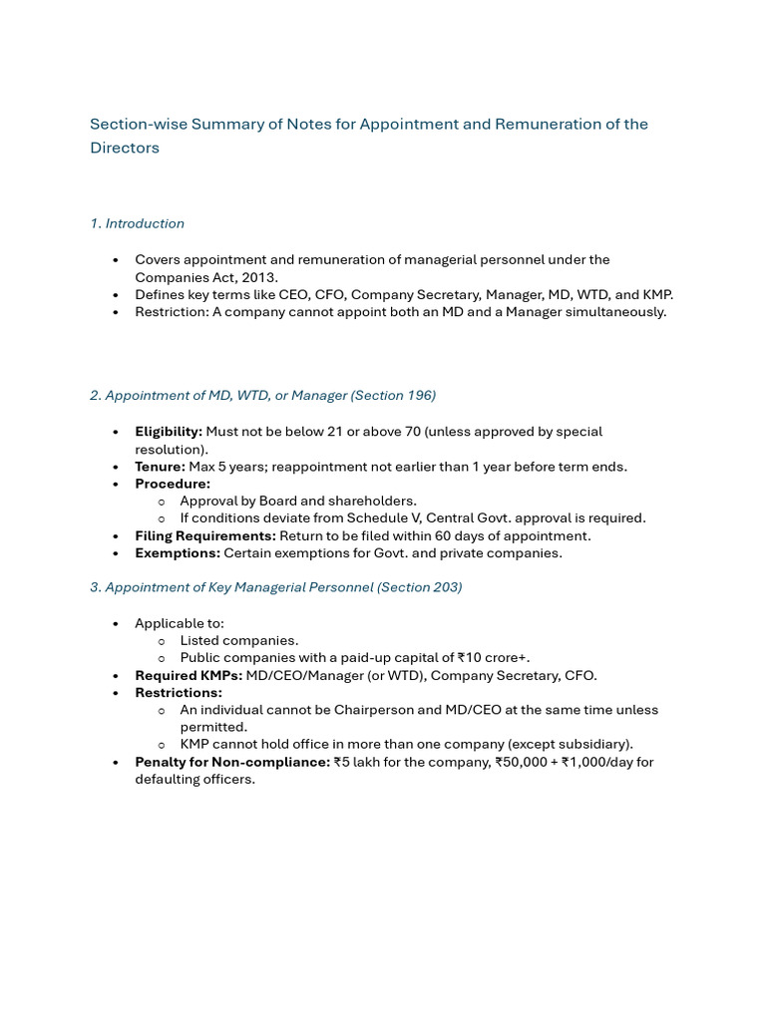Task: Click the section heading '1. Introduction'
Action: pyautogui.click(x=137, y=223)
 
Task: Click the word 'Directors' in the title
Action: pyautogui.click(x=125, y=148)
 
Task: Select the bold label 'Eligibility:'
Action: pyautogui.click(x=169, y=432)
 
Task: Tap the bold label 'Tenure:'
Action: pyautogui.click(x=160, y=467)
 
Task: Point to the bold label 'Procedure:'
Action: pyautogui.click(x=173, y=484)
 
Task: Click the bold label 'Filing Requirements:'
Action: pyautogui.click(x=205, y=535)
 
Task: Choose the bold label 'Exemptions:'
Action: pyautogui.click(x=178, y=552)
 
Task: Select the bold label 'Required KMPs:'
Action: pyautogui.click(x=189, y=675)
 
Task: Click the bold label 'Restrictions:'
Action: pyautogui.click(x=179, y=692)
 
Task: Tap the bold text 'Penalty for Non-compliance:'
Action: pyautogui.click(x=232, y=762)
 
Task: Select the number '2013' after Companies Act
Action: pyautogui.click(x=260, y=277)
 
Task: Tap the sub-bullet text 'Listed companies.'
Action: pyautogui.click(x=239, y=640)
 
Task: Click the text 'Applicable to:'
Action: pyautogui.click(x=180, y=623)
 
